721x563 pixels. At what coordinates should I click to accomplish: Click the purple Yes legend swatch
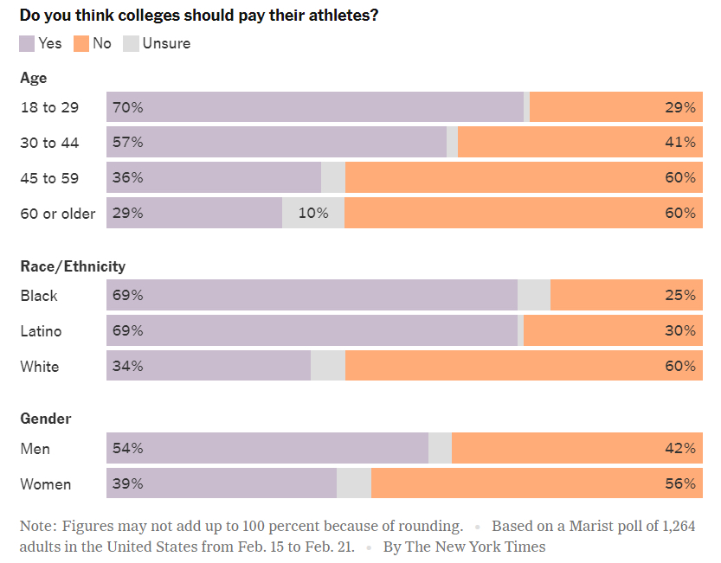tap(27, 43)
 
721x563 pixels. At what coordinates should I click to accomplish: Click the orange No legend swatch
tap(81, 43)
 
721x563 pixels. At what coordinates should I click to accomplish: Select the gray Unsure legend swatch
tap(132, 43)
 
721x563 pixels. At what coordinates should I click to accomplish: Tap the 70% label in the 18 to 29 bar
tap(127, 108)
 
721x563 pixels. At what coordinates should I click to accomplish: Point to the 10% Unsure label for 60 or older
tap(313, 214)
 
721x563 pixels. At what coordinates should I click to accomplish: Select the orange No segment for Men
tap(576, 449)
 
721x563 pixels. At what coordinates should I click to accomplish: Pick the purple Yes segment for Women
tap(222, 484)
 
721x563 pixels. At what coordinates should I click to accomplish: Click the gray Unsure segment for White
tap(328, 367)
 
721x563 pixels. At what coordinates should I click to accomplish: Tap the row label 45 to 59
tap(49, 178)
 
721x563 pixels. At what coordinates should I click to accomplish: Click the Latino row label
tap(41, 331)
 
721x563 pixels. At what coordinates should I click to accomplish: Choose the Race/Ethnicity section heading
tap(73, 266)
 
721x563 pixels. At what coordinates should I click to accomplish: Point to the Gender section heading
tap(46, 419)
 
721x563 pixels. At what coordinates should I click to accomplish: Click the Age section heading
tap(34, 78)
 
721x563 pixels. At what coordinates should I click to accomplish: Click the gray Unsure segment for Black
tap(534, 296)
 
